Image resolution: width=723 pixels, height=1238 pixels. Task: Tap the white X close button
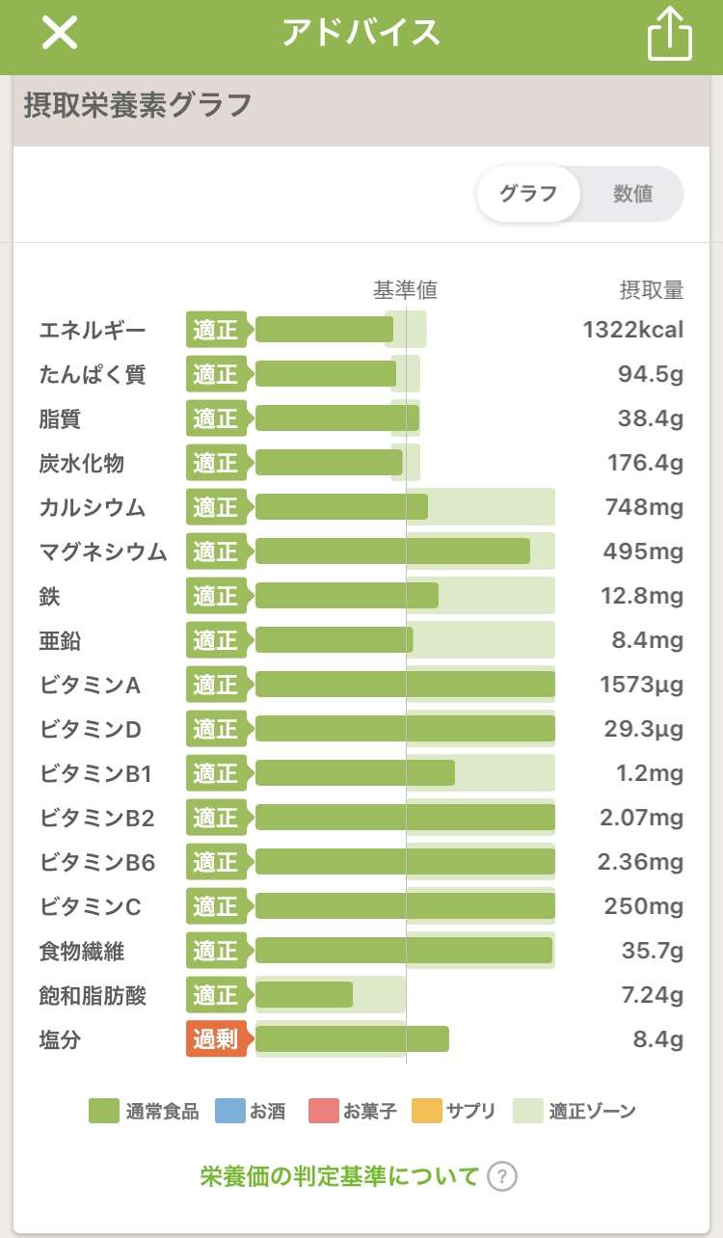pos(59,34)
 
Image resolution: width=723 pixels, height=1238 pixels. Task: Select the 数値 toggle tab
pos(632,194)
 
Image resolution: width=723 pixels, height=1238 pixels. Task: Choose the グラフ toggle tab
pos(528,194)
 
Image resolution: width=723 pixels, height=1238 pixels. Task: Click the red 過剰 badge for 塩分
pos(216,1039)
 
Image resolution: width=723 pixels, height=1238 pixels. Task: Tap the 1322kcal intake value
pos(632,330)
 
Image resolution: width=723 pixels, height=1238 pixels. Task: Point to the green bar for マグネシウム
pos(392,552)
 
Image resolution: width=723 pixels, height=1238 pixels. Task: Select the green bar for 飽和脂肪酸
pos(304,995)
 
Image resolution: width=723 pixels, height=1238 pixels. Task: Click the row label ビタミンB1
pos(96,773)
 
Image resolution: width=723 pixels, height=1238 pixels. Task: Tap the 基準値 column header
pos(405,289)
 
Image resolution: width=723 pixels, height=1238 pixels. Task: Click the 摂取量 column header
pos(651,289)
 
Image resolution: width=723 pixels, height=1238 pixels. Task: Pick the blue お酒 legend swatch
pos(231,1111)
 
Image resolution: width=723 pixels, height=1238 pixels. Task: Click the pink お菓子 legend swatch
pos(324,1111)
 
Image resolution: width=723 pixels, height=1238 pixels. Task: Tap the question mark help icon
pos(502,1176)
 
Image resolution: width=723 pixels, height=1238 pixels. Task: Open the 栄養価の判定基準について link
pos(339,1176)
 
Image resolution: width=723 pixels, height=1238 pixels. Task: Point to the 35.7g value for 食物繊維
pos(652,951)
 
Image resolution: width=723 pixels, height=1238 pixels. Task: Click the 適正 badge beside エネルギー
pos(216,330)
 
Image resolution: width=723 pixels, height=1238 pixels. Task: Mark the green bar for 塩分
pos(352,1039)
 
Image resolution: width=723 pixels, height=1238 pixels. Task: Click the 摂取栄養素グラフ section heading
pos(138,105)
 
